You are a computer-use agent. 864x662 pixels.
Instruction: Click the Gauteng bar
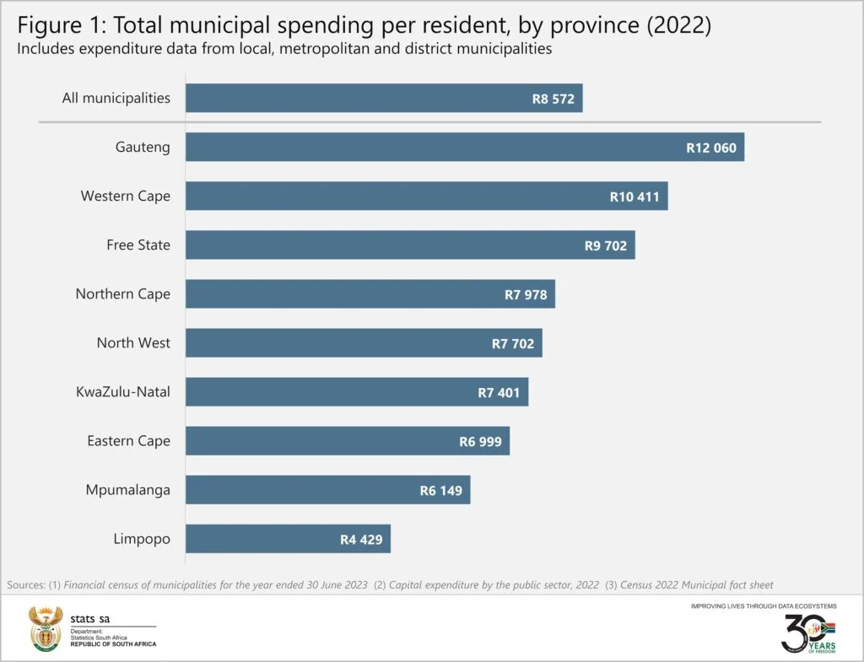464,147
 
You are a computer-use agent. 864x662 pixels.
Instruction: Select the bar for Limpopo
288,539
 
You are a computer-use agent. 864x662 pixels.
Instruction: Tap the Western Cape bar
426,196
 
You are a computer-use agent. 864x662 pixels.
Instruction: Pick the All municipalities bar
384,98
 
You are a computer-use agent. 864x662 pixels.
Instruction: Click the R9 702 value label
606,245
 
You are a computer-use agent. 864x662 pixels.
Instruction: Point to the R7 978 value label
526,294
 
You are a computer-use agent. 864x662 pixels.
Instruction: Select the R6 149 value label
441,490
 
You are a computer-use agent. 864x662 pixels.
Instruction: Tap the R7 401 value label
499,392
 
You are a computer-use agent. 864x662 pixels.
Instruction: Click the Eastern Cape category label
128,441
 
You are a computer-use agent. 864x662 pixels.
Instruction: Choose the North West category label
133,343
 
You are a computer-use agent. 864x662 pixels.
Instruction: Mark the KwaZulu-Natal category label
122,392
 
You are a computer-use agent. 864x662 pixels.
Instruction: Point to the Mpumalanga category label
127,490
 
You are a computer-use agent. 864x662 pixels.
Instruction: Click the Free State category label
138,245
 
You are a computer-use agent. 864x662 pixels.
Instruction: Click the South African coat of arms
45,628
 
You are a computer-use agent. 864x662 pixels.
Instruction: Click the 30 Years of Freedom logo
808,632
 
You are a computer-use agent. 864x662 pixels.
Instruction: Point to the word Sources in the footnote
25,584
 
